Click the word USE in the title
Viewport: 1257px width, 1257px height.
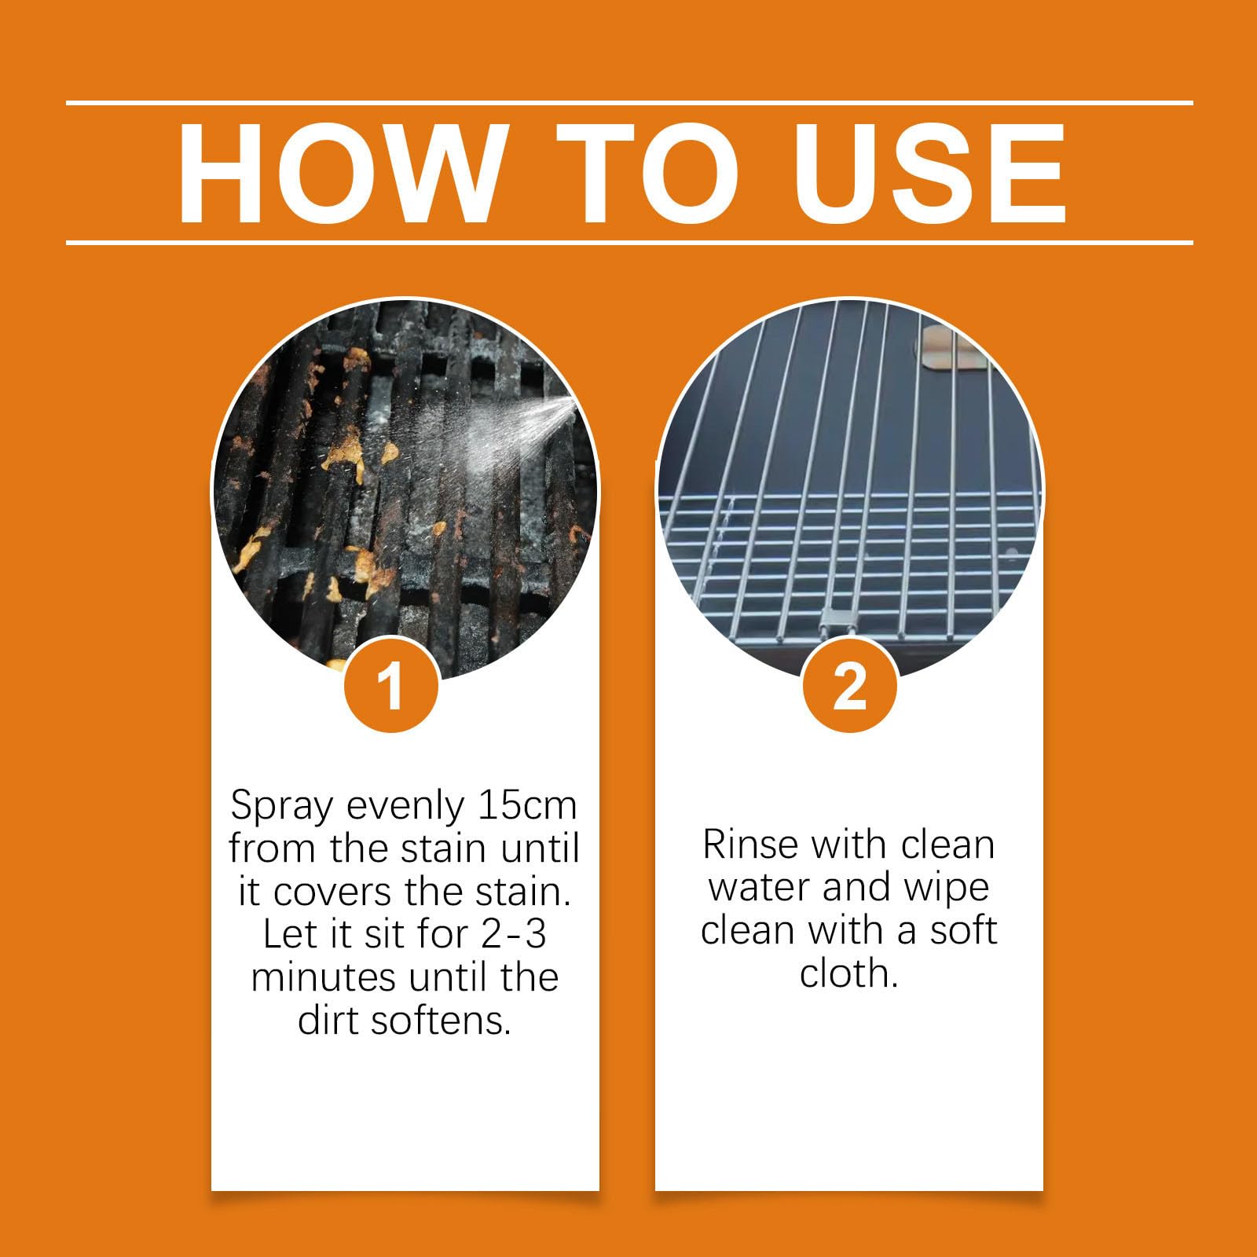point(930,174)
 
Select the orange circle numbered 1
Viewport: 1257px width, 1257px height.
point(391,685)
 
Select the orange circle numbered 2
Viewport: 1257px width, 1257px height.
point(849,685)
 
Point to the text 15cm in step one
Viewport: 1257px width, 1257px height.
point(527,804)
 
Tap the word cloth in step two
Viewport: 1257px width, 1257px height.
point(848,973)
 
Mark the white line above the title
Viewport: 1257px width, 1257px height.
point(629,103)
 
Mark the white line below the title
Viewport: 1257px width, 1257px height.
point(629,243)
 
